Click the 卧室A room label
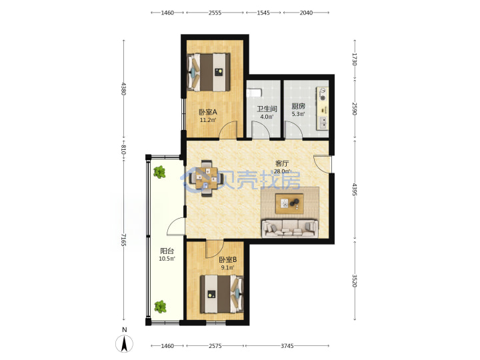click(x=208, y=112)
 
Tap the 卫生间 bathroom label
click(x=267, y=109)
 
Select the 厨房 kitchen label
click(x=298, y=106)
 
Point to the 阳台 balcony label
click(x=167, y=251)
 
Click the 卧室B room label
click(x=228, y=260)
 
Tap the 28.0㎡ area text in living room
click(x=282, y=171)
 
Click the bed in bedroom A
click(x=209, y=72)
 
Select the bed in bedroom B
click(x=221, y=294)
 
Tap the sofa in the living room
click(x=289, y=229)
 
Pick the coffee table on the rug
click(x=289, y=203)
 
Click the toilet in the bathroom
click(x=254, y=92)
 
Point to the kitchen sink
click(x=323, y=123)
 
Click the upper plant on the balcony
click(x=159, y=172)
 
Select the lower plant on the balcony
click(x=160, y=307)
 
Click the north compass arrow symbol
click(x=124, y=343)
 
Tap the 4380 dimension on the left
click(x=123, y=89)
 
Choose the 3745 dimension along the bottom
click(x=287, y=346)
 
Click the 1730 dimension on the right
click(x=354, y=59)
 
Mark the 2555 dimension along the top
click(x=215, y=13)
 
